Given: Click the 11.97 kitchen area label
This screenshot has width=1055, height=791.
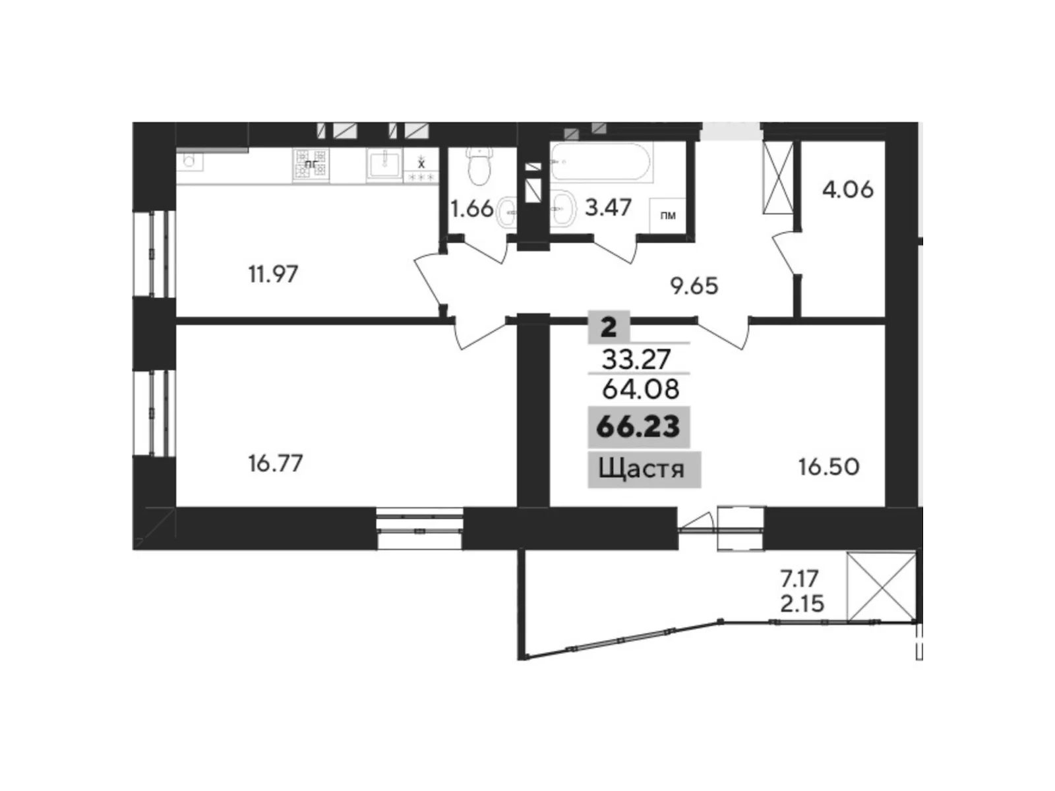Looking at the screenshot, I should [x=273, y=274].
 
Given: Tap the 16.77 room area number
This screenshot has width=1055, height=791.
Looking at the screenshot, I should [x=276, y=463].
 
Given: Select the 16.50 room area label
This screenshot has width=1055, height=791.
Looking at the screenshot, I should [x=829, y=467].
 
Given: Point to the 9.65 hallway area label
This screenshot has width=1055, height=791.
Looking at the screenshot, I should [x=694, y=285].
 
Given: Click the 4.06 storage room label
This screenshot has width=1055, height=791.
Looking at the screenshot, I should [x=847, y=190].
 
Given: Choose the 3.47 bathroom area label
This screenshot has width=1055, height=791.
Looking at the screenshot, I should [x=608, y=207].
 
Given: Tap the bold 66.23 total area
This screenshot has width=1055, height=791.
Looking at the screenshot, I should [x=638, y=426].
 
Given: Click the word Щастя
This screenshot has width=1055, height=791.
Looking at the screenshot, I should [x=641, y=469].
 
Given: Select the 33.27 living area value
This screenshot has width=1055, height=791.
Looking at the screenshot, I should [x=636, y=359].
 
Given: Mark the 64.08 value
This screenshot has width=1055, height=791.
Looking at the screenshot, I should [x=640, y=389].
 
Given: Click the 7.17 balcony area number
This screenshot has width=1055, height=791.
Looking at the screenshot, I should [x=799, y=579].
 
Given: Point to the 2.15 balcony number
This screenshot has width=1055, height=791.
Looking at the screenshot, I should [x=802, y=603].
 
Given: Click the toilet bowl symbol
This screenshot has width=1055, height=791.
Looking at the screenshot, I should [x=479, y=165].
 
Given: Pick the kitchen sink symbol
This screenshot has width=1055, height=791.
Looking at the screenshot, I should [x=384, y=163].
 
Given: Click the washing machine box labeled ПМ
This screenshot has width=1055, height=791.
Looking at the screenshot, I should [x=667, y=215].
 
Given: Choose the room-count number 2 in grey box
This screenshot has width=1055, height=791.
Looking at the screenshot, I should [x=609, y=326].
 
